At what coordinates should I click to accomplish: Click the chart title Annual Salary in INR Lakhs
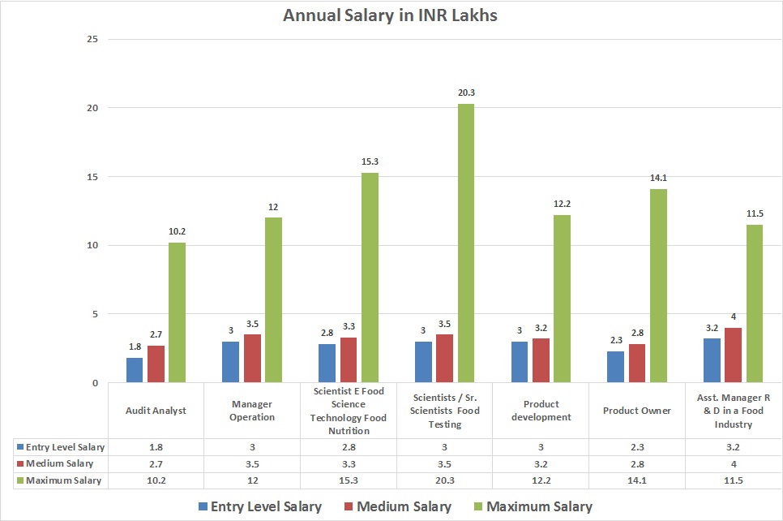click(x=391, y=15)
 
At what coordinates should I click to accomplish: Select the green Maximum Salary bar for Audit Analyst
click(x=177, y=312)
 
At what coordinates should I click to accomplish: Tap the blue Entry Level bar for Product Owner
click(x=615, y=366)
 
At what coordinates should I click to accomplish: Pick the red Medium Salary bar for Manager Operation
click(x=252, y=358)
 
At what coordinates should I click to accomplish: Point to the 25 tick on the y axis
click(x=93, y=39)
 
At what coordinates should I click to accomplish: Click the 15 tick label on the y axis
click(x=93, y=177)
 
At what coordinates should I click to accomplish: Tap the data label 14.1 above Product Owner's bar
click(x=657, y=179)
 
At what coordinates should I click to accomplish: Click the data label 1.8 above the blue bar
click(x=135, y=347)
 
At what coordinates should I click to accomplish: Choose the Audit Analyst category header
click(x=156, y=411)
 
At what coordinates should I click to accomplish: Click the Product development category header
click(x=541, y=411)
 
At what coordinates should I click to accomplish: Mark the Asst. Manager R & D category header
click(x=734, y=411)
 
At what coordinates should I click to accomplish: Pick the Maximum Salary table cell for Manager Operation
click(x=252, y=480)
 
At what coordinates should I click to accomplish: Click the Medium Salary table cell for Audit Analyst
click(x=156, y=463)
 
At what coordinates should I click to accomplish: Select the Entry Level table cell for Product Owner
click(x=637, y=447)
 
